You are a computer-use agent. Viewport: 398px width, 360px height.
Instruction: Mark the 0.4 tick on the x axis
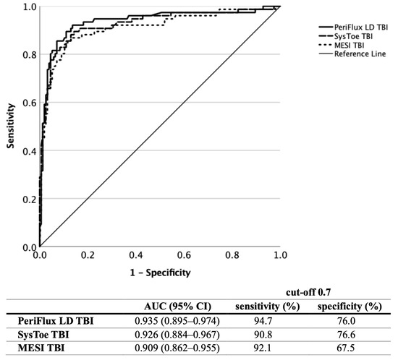point(136,256)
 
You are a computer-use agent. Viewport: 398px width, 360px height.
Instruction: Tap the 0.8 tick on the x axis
point(232,256)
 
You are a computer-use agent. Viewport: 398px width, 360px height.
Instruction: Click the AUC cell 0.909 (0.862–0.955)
point(177,351)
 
